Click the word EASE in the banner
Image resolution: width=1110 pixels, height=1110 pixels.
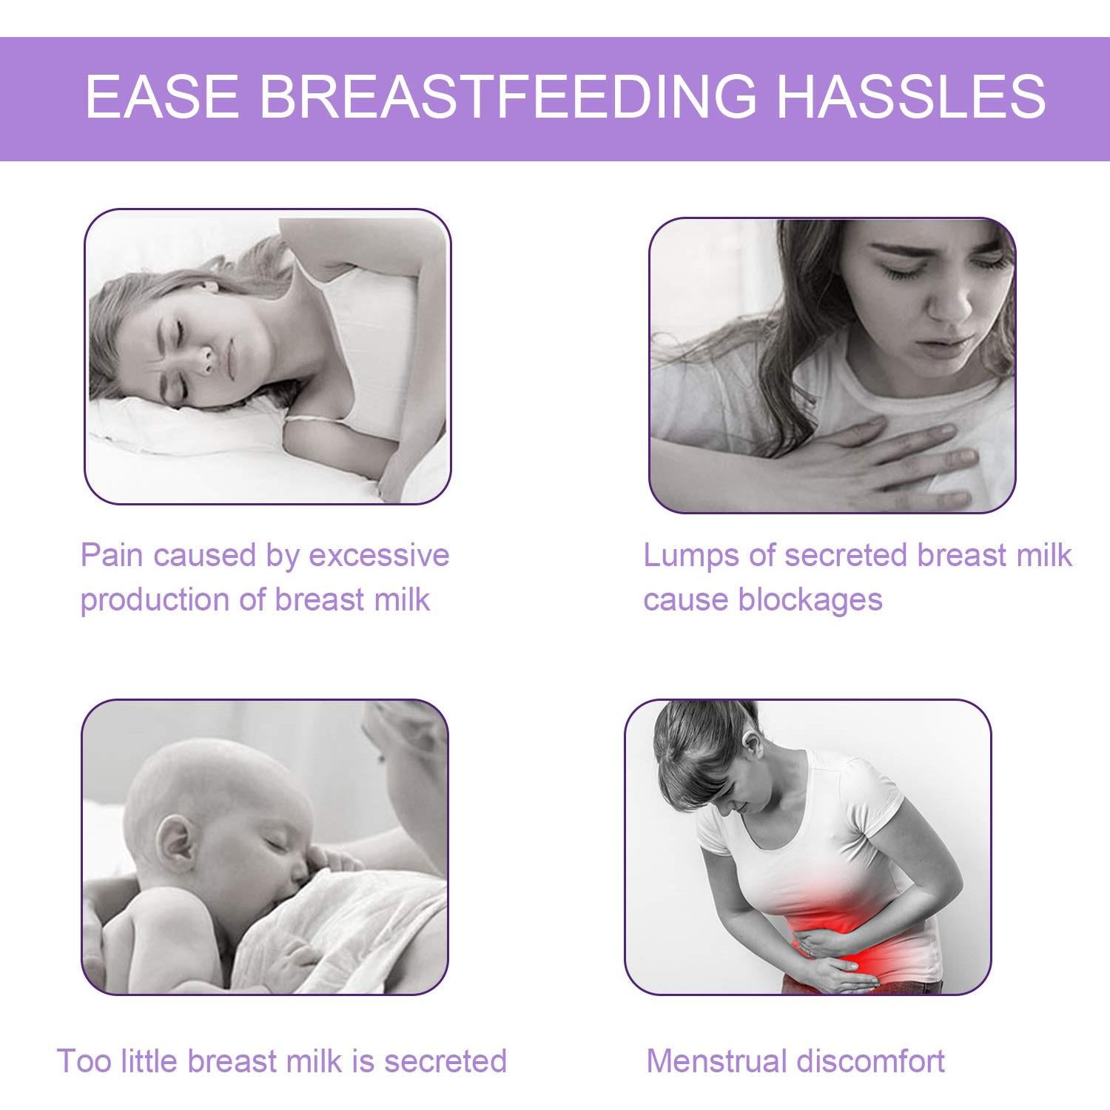pyautogui.click(x=162, y=96)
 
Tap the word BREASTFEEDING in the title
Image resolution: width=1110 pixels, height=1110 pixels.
pyautogui.click(x=508, y=96)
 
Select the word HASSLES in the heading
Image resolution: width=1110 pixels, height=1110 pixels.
pyautogui.click(x=911, y=96)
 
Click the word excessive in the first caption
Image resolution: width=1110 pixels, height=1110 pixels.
pyautogui.click(x=379, y=555)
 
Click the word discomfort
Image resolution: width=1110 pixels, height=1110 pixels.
pyautogui.click(x=872, y=1061)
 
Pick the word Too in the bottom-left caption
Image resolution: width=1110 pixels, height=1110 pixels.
pyautogui.click(x=84, y=1061)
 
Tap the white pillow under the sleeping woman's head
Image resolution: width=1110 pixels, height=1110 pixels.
pyautogui.click(x=185, y=429)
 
